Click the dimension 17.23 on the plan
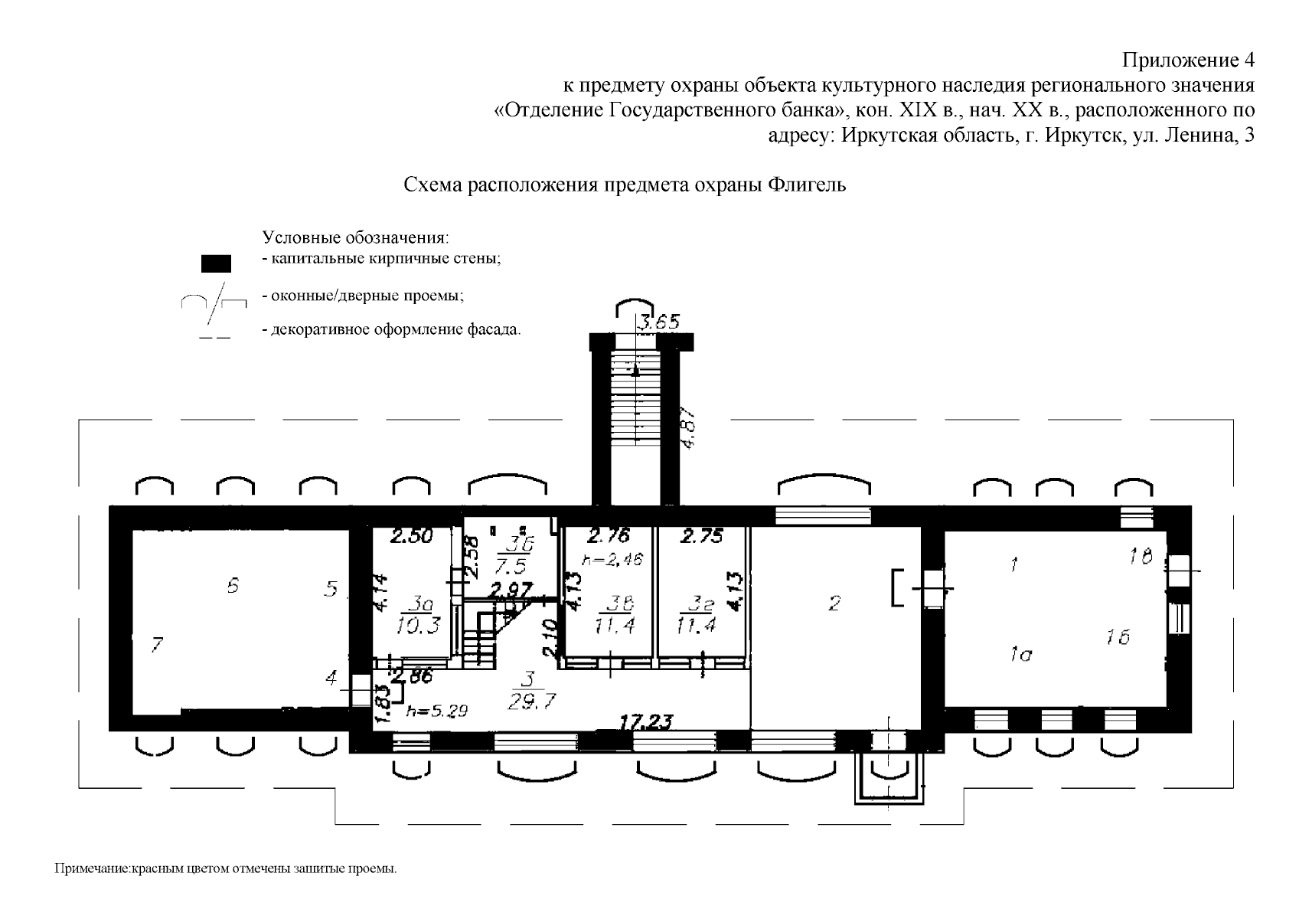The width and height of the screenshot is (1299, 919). [647, 721]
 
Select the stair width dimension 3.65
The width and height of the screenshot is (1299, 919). [660, 322]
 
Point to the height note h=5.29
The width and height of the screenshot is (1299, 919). [436, 710]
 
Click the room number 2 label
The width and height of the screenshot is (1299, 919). [834, 603]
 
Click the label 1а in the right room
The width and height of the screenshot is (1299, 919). [1021, 654]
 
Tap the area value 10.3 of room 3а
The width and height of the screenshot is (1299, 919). [419, 626]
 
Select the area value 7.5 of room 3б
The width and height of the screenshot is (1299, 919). [508, 567]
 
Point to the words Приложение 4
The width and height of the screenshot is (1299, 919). [1187, 60]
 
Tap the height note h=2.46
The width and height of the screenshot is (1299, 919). [612, 560]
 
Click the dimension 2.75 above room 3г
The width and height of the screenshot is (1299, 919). [701, 537]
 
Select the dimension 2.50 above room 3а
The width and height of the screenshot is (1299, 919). [411, 537]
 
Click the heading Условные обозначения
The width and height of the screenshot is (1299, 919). [355, 237]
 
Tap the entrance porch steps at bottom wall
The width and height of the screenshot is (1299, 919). [889, 778]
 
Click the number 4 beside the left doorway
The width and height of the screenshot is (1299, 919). [331, 678]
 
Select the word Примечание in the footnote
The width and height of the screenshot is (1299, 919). [92, 869]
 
